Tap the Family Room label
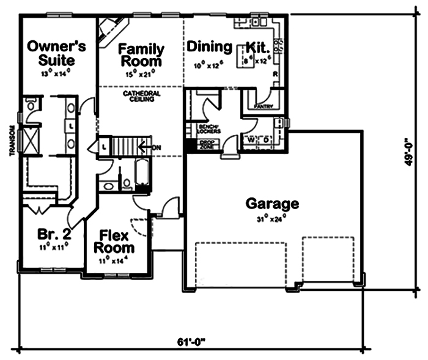141,55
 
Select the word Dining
210,47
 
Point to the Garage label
272,204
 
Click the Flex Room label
114,241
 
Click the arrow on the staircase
145,147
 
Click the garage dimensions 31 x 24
272,218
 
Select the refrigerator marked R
276,73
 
